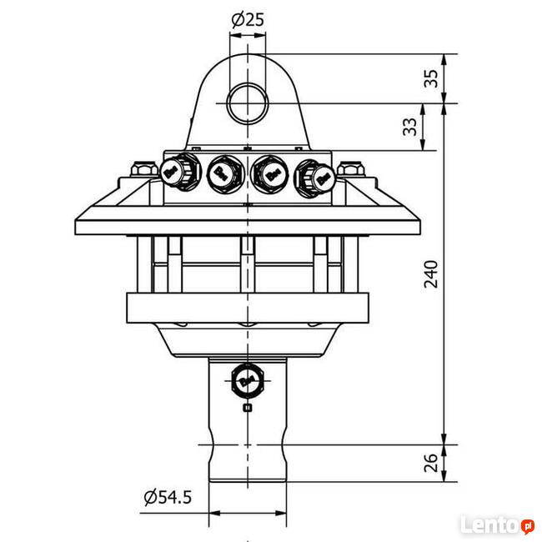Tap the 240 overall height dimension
431,274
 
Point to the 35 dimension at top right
431,78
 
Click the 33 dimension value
409,127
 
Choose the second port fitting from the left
223,173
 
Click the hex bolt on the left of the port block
142,171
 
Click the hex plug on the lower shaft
247,380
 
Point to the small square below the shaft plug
247,407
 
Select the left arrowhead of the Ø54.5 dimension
213,512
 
